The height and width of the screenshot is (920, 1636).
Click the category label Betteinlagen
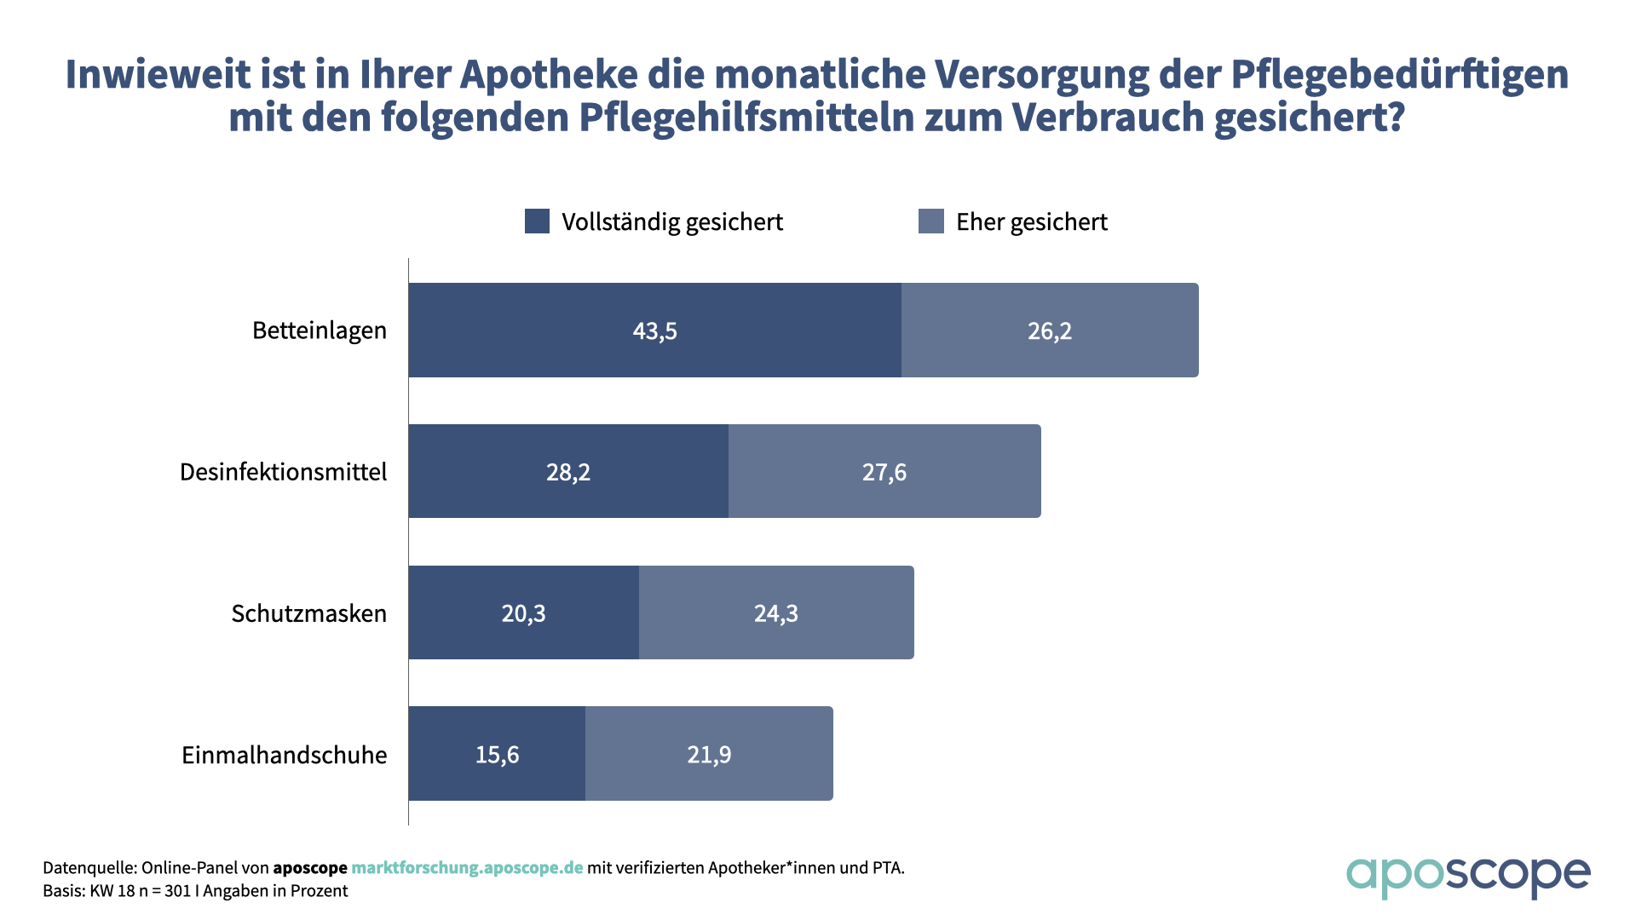(320, 331)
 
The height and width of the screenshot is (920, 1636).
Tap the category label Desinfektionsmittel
(283, 472)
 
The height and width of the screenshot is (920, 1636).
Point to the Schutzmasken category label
(308, 613)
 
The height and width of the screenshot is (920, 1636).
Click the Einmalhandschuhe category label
(284, 755)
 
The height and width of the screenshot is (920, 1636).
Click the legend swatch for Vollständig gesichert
(537, 221)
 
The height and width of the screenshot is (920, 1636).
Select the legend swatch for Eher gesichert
(930, 221)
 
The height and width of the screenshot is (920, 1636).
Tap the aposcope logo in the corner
(1467, 876)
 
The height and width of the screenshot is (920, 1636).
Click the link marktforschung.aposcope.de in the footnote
(467, 868)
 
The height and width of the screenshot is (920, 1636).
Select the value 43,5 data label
(654, 331)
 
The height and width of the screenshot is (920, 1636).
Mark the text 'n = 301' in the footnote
(164, 891)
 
